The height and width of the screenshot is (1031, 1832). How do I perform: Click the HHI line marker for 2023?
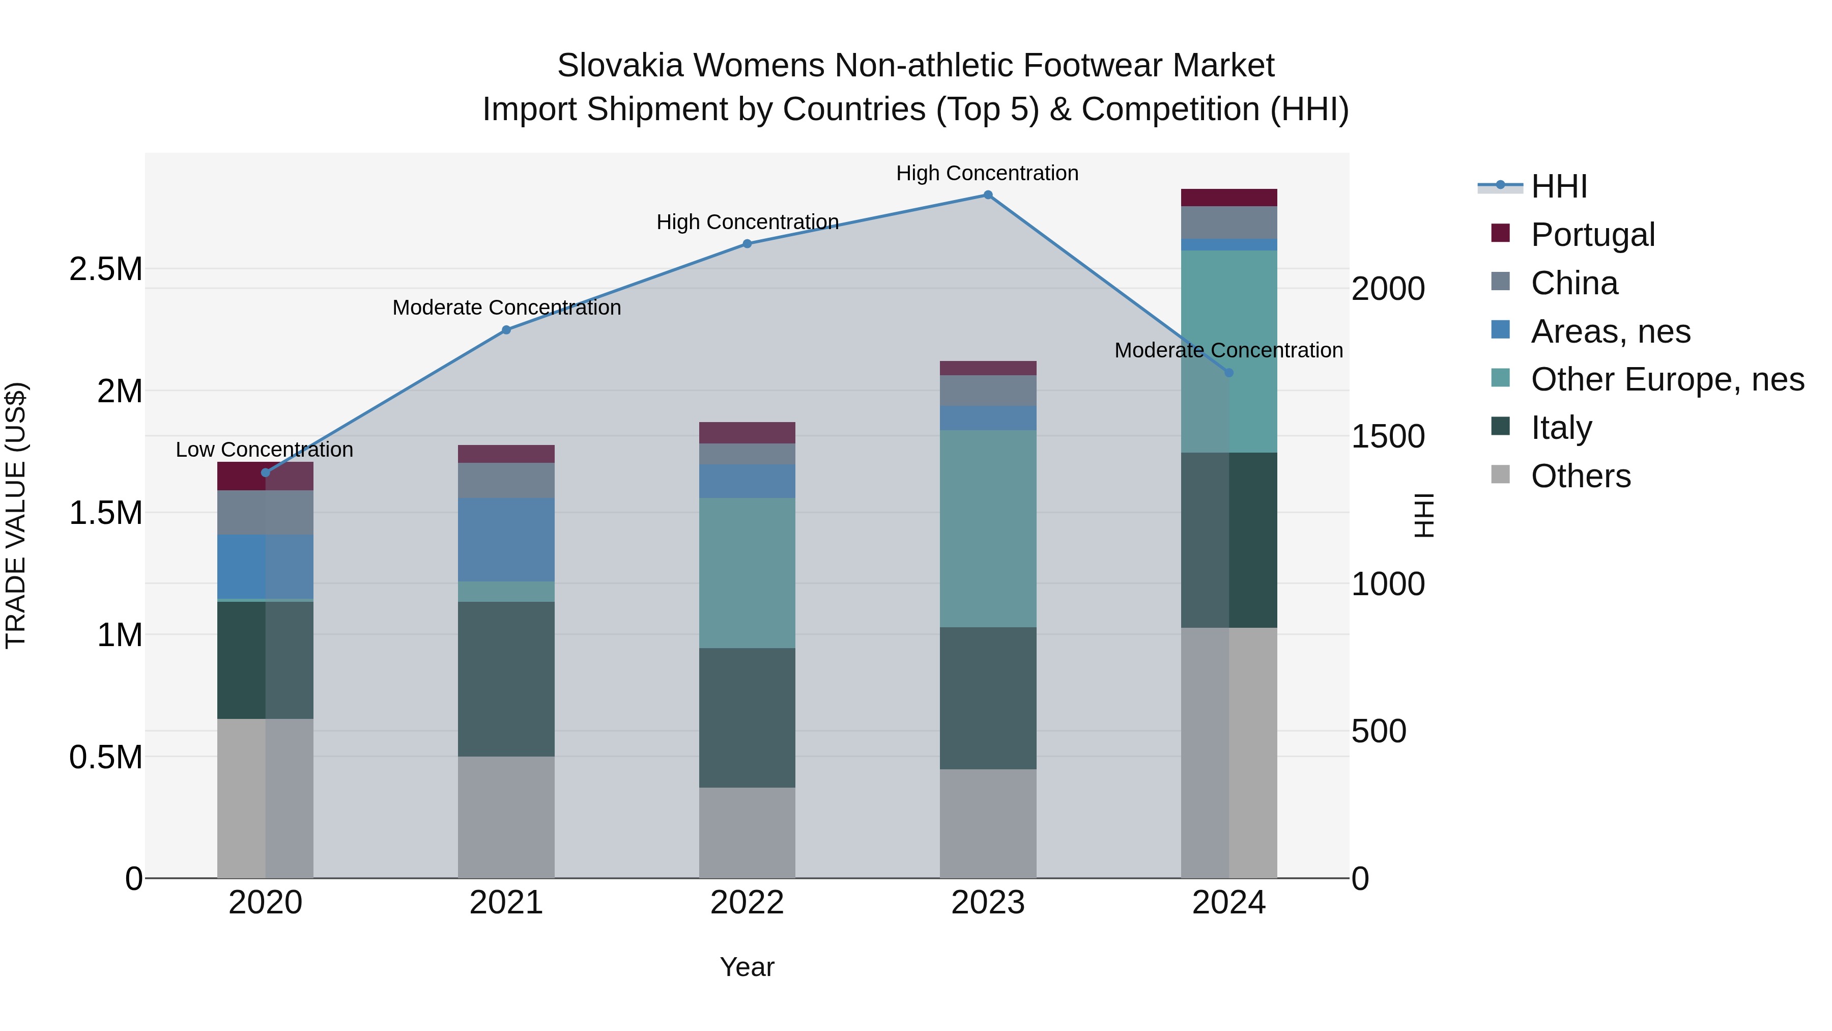coord(988,195)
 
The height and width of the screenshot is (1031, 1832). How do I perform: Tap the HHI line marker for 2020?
coord(265,472)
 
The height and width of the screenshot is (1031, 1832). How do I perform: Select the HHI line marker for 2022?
coord(747,244)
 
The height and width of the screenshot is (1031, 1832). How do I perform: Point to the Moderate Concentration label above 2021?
coord(506,308)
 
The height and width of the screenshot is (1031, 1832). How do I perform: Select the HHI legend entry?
coord(1558,186)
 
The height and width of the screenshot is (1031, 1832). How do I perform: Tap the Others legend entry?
coord(1580,476)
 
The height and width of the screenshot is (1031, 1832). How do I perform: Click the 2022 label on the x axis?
coord(747,903)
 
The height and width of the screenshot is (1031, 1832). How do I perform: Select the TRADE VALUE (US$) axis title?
coord(16,515)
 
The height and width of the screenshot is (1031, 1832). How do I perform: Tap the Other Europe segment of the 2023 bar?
coord(988,528)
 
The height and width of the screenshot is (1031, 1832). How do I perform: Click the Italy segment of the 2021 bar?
coord(506,678)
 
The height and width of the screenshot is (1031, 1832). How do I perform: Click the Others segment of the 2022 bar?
coord(747,832)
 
